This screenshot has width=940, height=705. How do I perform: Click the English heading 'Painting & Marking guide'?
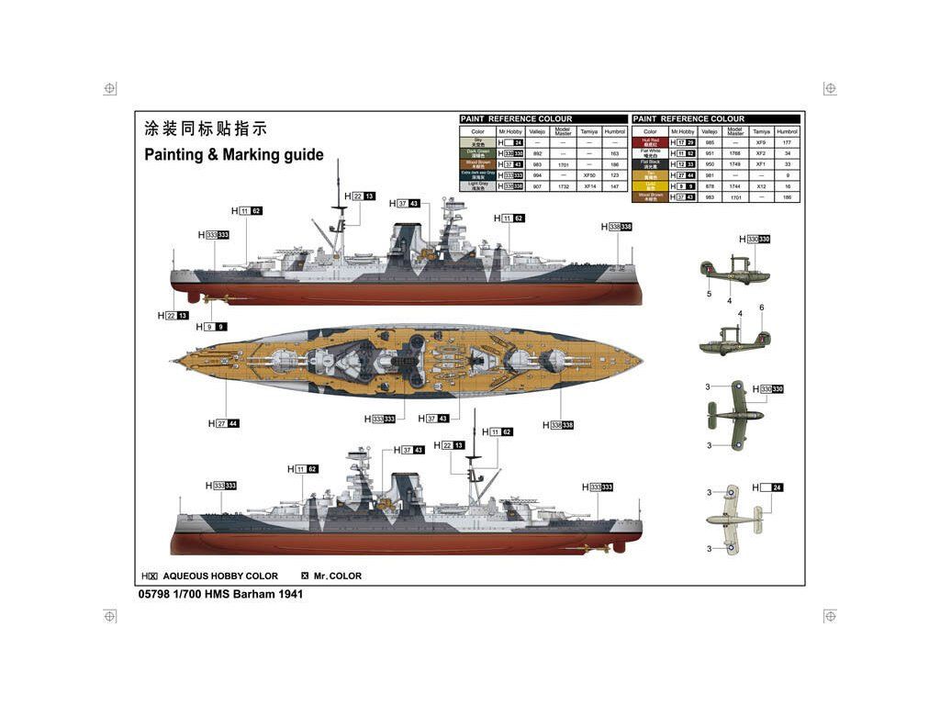[234, 154]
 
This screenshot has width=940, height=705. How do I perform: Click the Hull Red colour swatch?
[651, 143]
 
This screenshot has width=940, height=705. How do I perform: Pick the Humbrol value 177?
[788, 143]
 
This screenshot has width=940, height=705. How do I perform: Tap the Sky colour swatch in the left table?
[476, 143]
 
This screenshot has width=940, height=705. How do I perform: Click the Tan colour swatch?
[651, 174]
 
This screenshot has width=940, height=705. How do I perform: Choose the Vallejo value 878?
[709, 186]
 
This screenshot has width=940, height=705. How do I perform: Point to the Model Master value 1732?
[564, 186]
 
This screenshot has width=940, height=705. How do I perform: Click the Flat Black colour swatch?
[651, 164]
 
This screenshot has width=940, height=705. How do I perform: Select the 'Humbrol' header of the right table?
[788, 131]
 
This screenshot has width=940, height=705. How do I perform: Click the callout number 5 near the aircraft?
[709, 294]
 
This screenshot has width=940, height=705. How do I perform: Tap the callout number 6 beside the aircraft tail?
[761, 308]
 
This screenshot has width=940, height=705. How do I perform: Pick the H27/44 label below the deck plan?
[223, 423]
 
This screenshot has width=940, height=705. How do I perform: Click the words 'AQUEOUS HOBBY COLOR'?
[220, 576]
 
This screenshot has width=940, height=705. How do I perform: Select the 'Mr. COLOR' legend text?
[338, 576]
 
